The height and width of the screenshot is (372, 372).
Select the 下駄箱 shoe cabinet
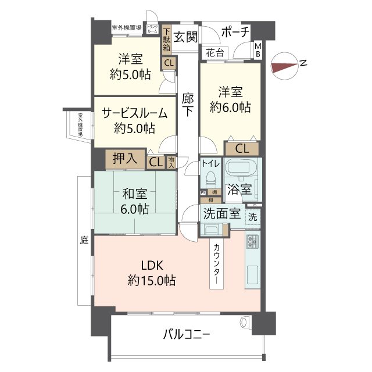pyautogui.click(x=167, y=40)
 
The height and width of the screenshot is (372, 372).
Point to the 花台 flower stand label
pyautogui.click(x=214, y=53)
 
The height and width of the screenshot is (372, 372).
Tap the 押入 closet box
pyautogui.click(x=125, y=159)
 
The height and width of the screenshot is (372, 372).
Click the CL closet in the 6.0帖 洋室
pyautogui.click(x=242, y=148)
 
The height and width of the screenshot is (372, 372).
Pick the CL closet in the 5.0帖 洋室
pyautogui.click(x=168, y=63)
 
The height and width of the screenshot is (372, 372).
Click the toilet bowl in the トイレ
pyautogui.click(x=212, y=178)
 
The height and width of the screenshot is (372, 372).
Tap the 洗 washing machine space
pyautogui.click(x=252, y=217)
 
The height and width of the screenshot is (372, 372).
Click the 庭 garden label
pyautogui.click(x=84, y=239)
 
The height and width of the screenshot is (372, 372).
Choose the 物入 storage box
pyautogui.click(x=171, y=162)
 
